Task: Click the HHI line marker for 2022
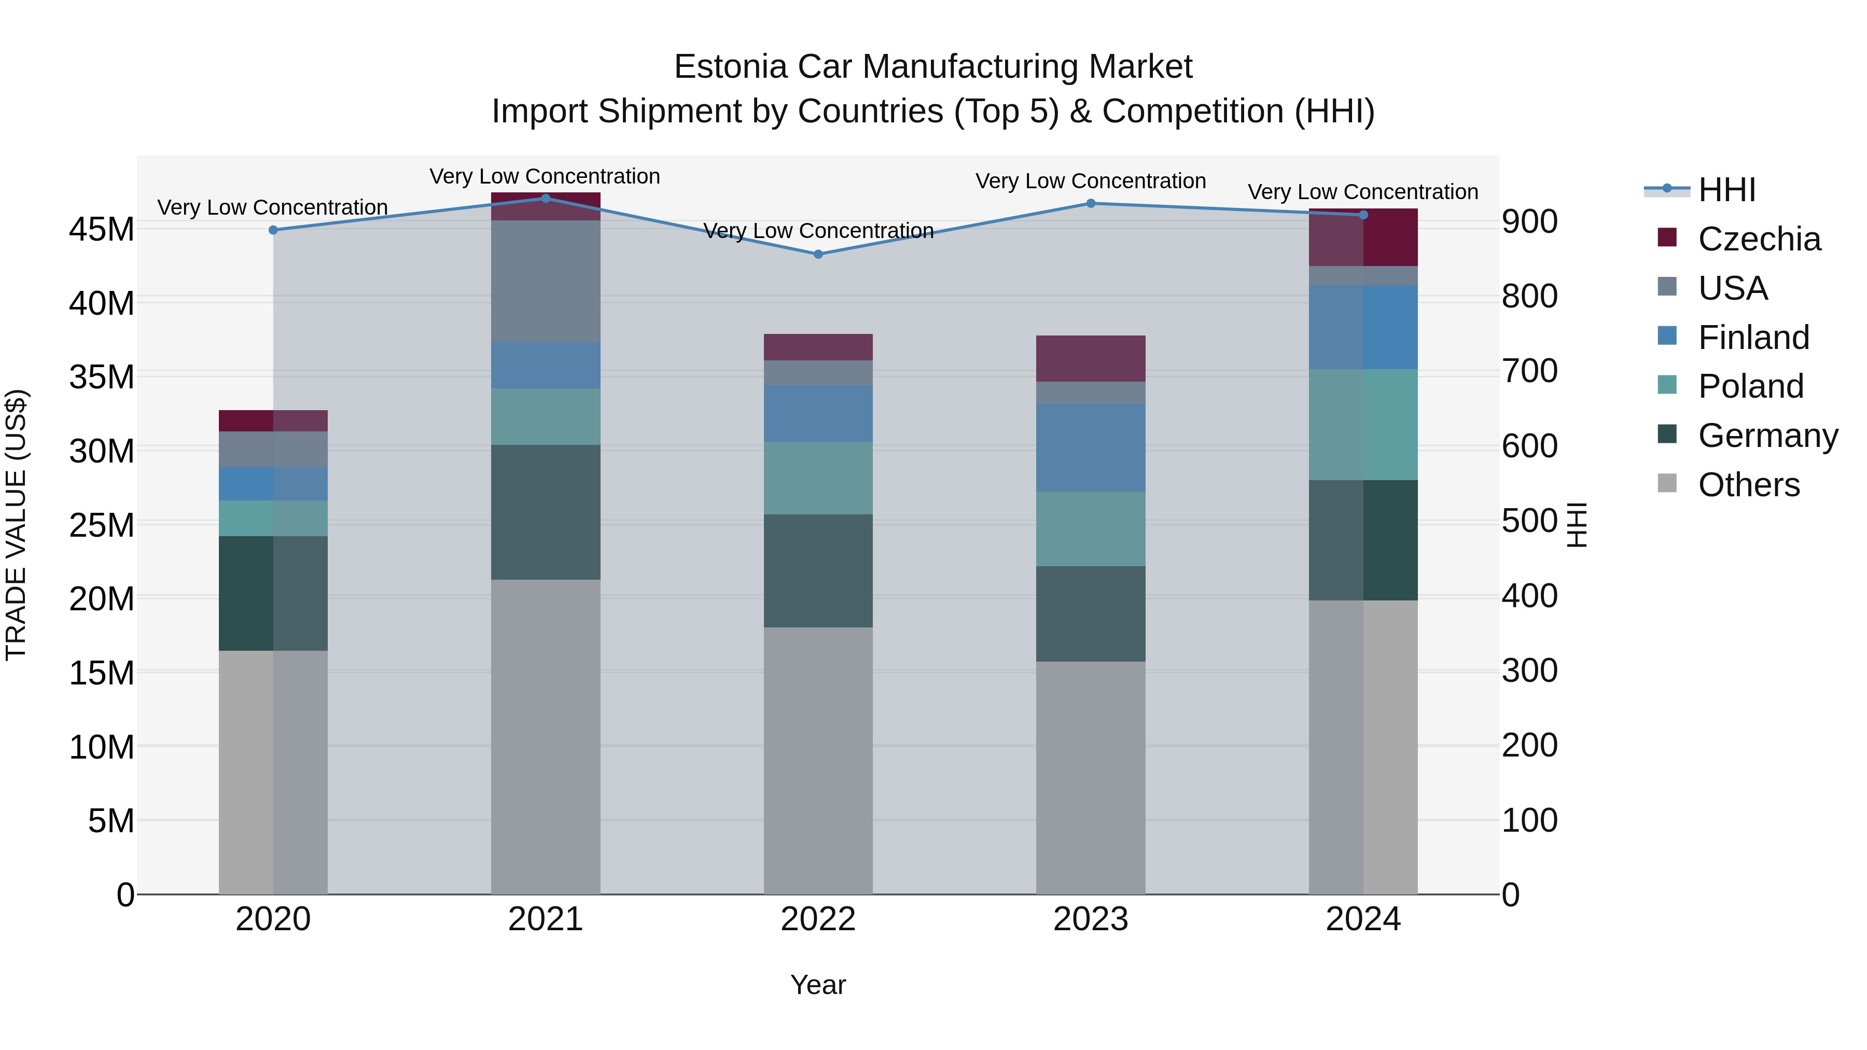[x=818, y=255]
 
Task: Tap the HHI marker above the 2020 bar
[x=273, y=230]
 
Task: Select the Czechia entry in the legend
[x=1758, y=239]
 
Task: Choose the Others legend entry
[x=1748, y=485]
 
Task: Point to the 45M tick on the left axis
[x=102, y=230]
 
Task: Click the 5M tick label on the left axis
[x=110, y=821]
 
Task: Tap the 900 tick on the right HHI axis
[x=1529, y=222]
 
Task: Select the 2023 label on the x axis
[x=1090, y=919]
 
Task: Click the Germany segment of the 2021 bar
[x=545, y=512]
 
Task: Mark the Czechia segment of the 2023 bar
[x=1090, y=359]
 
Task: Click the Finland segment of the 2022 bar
[x=818, y=414]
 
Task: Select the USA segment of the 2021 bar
[x=545, y=281]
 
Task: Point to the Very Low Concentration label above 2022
[x=818, y=230]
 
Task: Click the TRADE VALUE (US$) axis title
[x=16, y=525]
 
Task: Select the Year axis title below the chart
[x=818, y=985]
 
